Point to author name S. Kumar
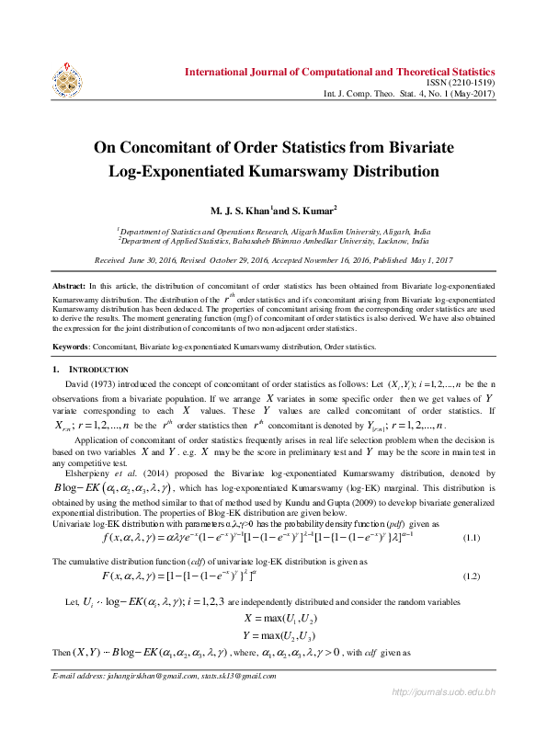(x=309, y=211)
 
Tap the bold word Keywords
(x=74, y=347)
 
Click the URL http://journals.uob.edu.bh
(x=444, y=691)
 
